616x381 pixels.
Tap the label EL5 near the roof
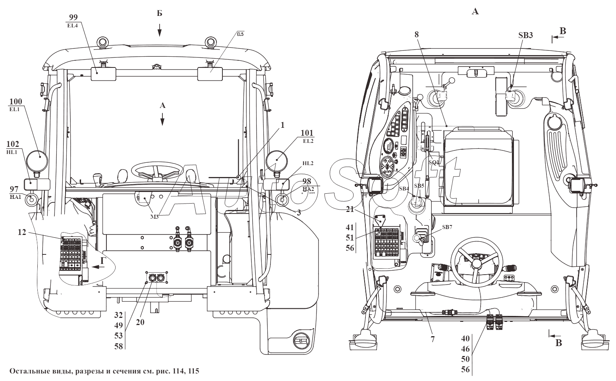pyautogui.click(x=240, y=34)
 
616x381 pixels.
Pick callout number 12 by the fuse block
pyautogui.click(x=22, y=232)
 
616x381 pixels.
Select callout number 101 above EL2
pyautogui.click(x=307, y=133)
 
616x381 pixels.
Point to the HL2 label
pyautogui.click(x=308, y=163)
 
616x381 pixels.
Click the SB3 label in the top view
pyautogui.click(x=525, y=35)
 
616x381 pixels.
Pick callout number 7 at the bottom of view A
pyautogui.click(x=432, y=339)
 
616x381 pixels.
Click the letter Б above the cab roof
pyautogui.click(x=159, y=13)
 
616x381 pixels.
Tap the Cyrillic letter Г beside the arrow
pyautogui.click(x=102, y=260)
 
